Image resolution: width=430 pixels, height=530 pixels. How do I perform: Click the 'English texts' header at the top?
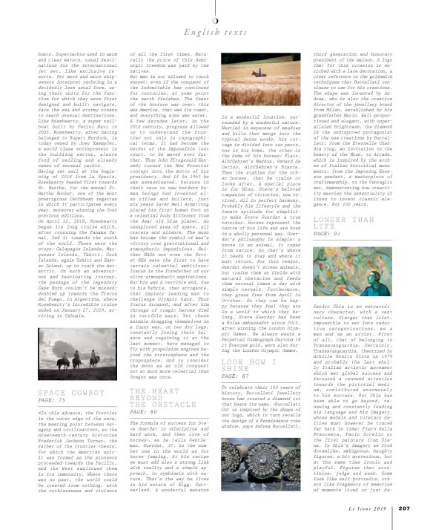215,32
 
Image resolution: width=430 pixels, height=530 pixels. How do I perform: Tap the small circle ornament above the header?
215,18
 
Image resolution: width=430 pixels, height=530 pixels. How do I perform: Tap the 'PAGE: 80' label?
144,410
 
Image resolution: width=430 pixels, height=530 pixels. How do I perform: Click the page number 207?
404,509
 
